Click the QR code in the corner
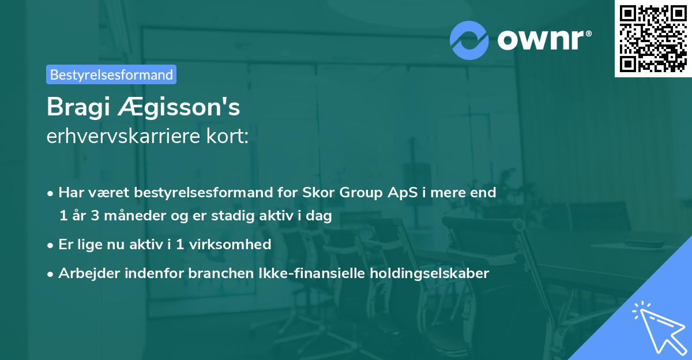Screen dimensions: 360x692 click(653, 39)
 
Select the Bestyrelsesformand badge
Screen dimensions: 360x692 click(111, 74)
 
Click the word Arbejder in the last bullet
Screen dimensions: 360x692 click(84, 273)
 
